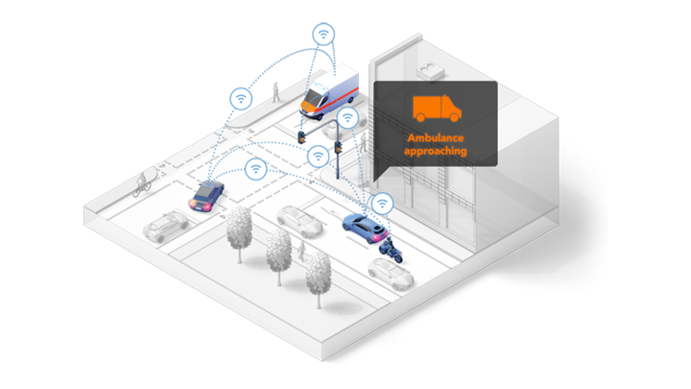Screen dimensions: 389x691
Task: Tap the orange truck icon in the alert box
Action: click(433, 109)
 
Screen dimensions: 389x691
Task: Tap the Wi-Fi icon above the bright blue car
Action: click(383, 204)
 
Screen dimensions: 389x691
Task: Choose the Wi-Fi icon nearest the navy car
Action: click(255, 170)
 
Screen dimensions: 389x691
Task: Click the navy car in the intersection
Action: click(206, 196)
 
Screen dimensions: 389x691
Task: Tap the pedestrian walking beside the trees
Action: click(301, 252)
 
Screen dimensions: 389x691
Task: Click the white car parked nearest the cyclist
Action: click(164, 226)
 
